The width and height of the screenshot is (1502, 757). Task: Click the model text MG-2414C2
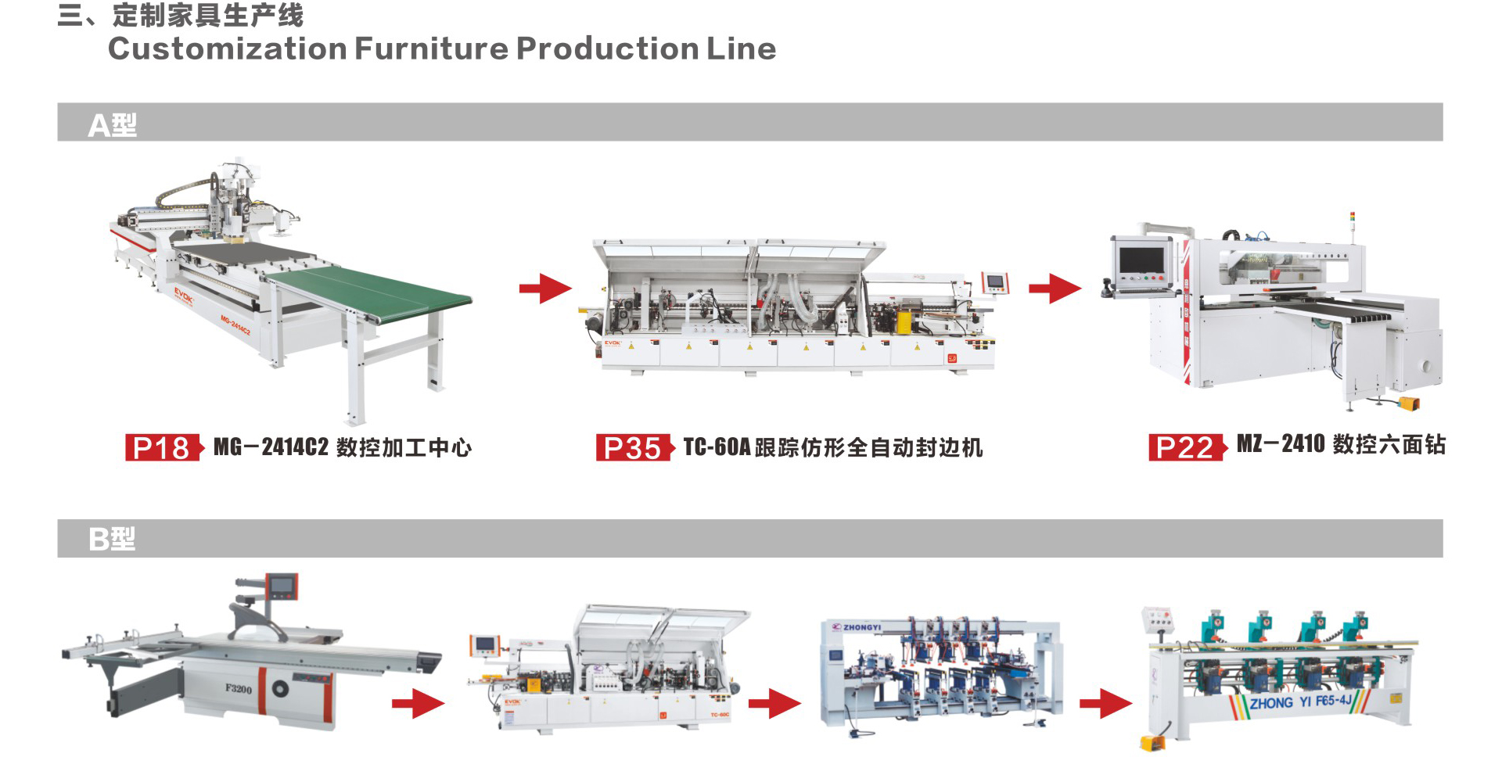tap(271, 447)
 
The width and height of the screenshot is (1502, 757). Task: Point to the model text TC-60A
tap(717, 447)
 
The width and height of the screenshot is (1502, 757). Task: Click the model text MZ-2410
tap(1281, 444)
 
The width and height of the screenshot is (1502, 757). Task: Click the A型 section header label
tap(112, 124)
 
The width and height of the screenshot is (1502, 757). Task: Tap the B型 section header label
tap(112, 539)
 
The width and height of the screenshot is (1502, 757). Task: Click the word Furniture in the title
tap(431, 48)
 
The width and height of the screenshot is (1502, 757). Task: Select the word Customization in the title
tap(227, 48)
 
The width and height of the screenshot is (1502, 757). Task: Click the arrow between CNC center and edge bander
tap(545, 288)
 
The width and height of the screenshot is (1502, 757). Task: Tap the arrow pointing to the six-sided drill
tap(1055, 288)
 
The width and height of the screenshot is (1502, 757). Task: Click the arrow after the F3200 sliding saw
tap(418, 703)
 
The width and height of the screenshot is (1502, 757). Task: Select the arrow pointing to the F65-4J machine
tap(1105, 703)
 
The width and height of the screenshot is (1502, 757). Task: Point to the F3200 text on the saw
tap(239, 688)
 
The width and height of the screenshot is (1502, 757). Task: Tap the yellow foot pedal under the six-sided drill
tap(1407, 404)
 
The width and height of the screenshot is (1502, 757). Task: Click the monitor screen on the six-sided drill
tap(1141, 259)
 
